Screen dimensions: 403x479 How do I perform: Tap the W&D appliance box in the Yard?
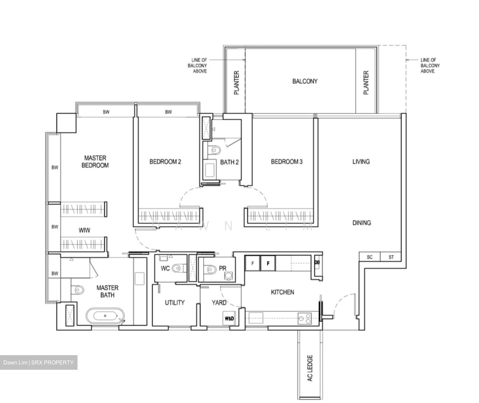click(x=229, y=318)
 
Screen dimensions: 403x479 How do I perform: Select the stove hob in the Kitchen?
click(x=305, y=318)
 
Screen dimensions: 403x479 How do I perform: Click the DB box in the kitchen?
click(x=317, y=262)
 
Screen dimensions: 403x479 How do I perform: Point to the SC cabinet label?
click(x=370, y=257)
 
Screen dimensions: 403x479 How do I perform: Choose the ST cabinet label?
click(x=391, y=257)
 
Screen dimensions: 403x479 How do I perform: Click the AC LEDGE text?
click(x=310, y=368)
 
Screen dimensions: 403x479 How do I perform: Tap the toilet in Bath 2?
click(x=215, y=151)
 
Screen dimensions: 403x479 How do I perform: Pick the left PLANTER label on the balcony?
click(x=237, y=83)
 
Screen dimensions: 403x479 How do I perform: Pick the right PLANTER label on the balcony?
click(x=366, y=83)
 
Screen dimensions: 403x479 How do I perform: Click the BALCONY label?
click(x=305, y=81)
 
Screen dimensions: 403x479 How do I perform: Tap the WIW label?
click(x=84, y=230)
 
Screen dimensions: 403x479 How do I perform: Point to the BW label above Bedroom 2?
click(x=169, y=112)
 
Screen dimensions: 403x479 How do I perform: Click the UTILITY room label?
click(x=175, y=303)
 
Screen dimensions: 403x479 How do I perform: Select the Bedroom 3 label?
click(x=286, y=162)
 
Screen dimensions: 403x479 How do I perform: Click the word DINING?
click(x=362, y=223)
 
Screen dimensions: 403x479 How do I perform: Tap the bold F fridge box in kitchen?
click(x=268, y=263)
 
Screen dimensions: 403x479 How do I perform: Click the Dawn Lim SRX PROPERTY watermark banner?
click(x=39, y=362)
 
